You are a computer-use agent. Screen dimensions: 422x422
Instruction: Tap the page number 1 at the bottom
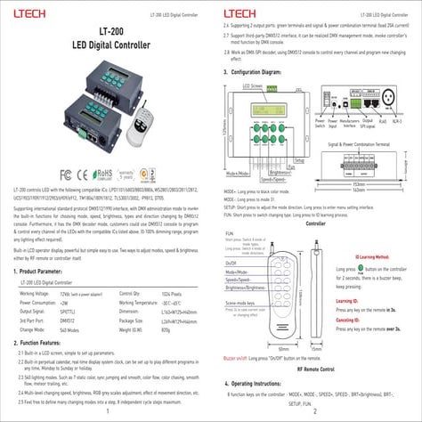tap(107, 411)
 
